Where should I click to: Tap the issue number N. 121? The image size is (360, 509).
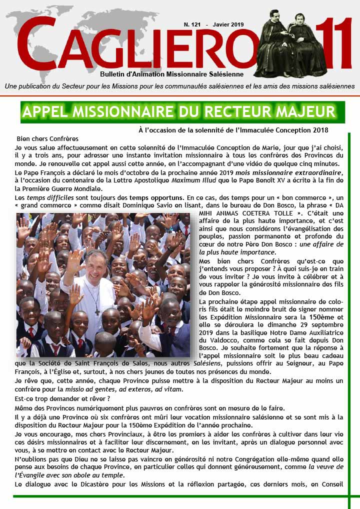click(x=192, y=24)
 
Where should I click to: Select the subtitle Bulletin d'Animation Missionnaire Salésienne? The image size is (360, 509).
click(x=171, y=73)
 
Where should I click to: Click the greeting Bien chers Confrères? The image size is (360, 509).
click(x=47, y=138)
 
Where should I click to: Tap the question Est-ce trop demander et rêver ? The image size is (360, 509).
click(x=62, y=398)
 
